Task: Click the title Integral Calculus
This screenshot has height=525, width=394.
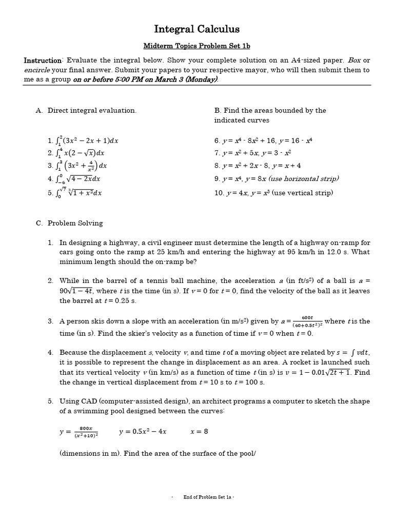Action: (x=197, y=29)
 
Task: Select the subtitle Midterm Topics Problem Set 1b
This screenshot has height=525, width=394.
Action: (x=197, y=46)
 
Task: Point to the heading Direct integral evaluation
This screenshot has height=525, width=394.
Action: (x=92, y=111)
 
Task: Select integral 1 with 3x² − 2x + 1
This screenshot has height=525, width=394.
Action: (x=83, y=140)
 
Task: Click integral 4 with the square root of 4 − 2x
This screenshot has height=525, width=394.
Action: (x=76, y=179)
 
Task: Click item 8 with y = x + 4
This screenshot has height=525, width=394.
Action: (x=258, y=166)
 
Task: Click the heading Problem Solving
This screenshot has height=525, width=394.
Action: (x=75, y=224)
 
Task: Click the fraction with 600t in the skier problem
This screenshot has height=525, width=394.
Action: (x=307, y=321)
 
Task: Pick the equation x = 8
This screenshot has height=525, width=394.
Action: (x=199, y=432)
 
